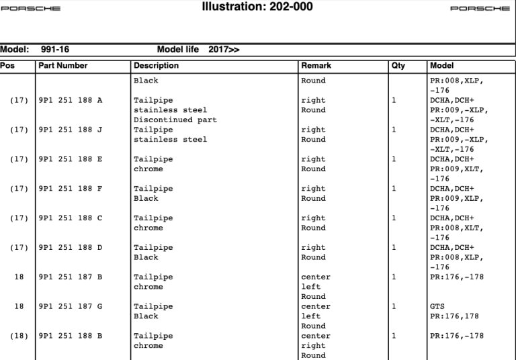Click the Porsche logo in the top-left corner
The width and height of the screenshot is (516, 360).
[30, 9]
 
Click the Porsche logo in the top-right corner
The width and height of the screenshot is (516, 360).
[480, 9]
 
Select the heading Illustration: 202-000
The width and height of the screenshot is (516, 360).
[257, 7]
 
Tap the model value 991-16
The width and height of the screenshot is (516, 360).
[55, 50]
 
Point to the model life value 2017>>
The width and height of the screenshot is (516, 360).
[224, 50]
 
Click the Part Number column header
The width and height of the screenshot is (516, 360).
[63, 66]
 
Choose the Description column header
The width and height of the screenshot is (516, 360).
[157, 66]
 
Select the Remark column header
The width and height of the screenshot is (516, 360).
[316, 66]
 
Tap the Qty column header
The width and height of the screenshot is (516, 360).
[398, 66]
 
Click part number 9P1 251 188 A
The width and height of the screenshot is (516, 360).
[71, 100]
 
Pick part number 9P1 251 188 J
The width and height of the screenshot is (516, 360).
[71, 130]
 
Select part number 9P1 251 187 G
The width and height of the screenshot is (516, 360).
[71, 306]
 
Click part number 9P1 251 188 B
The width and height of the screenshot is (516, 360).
[71, 336]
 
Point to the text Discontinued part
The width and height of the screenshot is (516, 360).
[175, 120]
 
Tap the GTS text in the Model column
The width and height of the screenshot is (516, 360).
[437, 306]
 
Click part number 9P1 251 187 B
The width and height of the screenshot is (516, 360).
[71, 277]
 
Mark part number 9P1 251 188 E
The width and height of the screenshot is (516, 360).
[71, 159]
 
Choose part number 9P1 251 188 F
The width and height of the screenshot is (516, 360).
[71, 189]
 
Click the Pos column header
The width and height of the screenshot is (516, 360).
[7, 66]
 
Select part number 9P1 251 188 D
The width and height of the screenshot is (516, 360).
[71, 247]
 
